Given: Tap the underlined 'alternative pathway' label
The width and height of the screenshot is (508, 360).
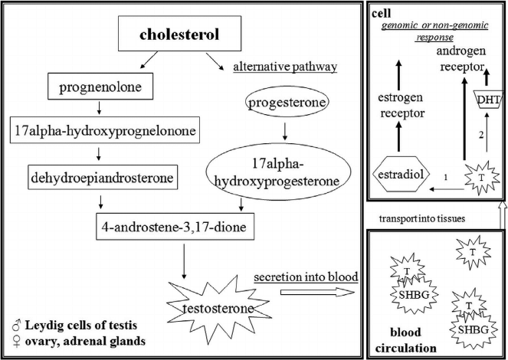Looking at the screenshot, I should pos(284,68).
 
